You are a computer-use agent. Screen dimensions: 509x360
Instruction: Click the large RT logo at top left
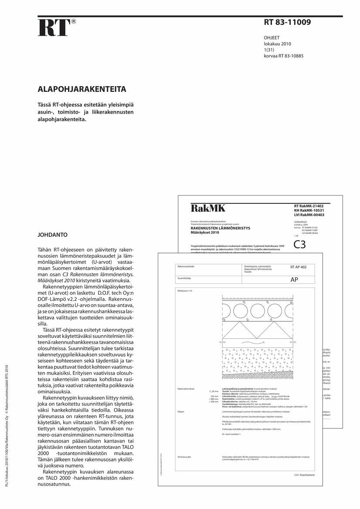point(54,28)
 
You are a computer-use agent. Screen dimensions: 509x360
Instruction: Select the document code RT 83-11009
point(287,22)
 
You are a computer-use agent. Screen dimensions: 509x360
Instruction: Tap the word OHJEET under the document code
point(272,38)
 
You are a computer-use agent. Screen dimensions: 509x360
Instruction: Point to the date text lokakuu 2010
point(277,44)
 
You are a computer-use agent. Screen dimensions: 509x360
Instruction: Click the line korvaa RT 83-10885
point(284,56)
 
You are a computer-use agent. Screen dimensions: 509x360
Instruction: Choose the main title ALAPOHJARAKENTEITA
point(82,89)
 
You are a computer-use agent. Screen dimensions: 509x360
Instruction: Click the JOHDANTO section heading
point(52,235)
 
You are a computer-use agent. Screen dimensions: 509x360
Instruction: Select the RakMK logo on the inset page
point(208,209)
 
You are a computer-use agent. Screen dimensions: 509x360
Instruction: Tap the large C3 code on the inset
point(300,245)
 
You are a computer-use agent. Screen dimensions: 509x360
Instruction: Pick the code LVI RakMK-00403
point(309,215)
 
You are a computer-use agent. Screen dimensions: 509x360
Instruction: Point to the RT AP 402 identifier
point(298,267)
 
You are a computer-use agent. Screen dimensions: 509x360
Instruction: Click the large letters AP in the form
point(294,280)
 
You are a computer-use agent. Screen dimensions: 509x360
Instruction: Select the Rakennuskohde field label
point(186,266)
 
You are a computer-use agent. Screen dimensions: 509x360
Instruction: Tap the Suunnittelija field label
point(185,277)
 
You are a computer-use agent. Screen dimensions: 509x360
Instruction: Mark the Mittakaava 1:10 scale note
point(185,290)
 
